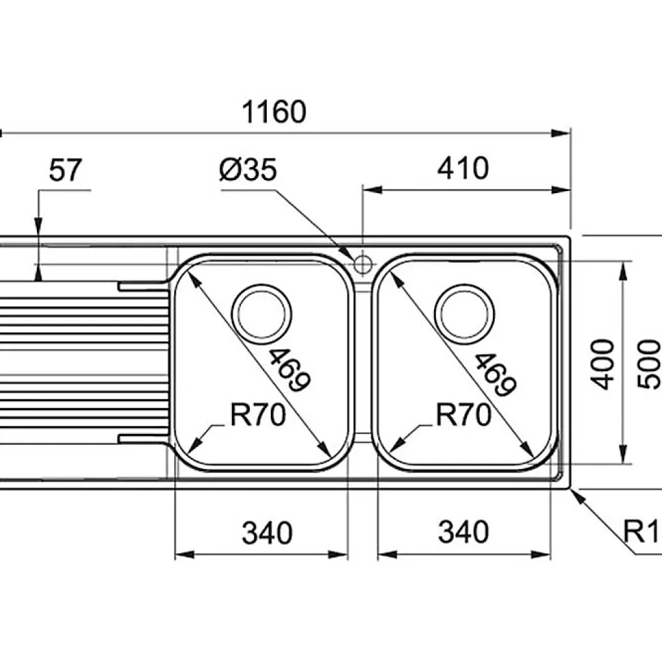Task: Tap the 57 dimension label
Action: pyautogui.click(x=66, y=171)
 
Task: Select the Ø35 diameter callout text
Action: pyautogui.click(x=248, y=171)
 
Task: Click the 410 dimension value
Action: pyautogui.click(x=463, y=168)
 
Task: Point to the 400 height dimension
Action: pyautogui.click(x=603, y=364)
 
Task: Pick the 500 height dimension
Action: pyautogui.click(x=650, y=364)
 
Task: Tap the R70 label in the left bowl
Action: pyautogui.click(x=257, y=415)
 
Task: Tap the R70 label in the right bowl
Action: pyautogui.click(x=464, y=415)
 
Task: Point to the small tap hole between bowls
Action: pyautogui.click(x=362, y=263)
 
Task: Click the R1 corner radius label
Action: pyautogui.click(x=644, y=530)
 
